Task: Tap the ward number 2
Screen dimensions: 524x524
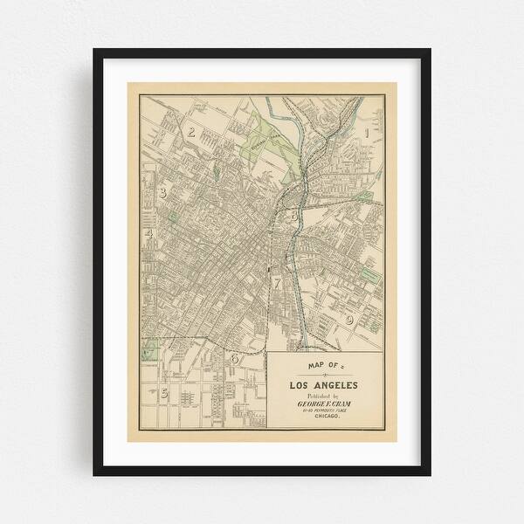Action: pos(190,133)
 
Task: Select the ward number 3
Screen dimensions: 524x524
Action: pos(162,193)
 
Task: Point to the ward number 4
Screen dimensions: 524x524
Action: pos(149,234)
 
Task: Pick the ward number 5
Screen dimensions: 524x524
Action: pos(163,393)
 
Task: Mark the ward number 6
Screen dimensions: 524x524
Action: pos(234,358)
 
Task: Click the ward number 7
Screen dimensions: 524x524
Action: pos(277,283)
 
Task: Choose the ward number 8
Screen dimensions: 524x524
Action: pos(294,211)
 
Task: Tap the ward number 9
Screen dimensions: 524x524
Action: pos(348,321)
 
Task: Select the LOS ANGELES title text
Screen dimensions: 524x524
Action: pos(323,385)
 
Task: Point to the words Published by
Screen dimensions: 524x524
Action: pos(322,396)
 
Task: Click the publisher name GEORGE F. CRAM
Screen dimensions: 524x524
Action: pos(323,405)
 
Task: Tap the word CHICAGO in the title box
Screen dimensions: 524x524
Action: pos(323,420)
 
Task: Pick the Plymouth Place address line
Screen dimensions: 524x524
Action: pos(323,413)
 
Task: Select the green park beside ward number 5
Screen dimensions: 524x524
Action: pos(148,351)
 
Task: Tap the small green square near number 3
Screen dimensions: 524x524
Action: pos(173,216)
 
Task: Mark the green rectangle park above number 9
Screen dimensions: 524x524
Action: pos(369,276)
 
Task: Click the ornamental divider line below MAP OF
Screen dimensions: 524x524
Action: pos(323,374)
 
